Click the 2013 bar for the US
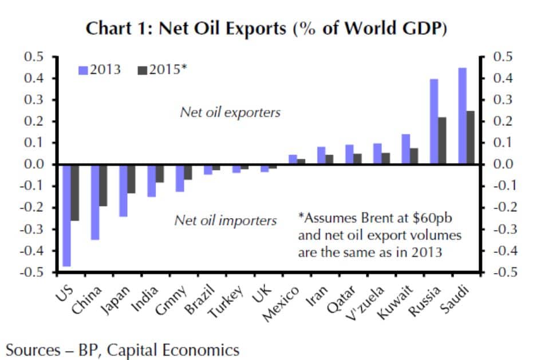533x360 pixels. coord(67,215)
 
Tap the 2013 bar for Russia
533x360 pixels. coord(434,121)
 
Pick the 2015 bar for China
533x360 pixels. coord(103,185)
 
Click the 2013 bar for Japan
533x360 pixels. coord(123,190)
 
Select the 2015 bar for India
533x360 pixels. coord(159,173)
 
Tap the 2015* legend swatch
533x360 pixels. coord(143,70)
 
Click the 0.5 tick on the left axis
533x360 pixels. coord(36,57)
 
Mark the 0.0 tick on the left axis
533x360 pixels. coord(36,164)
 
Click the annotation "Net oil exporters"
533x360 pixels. coord(230,112)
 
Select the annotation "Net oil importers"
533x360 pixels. coord(226,220)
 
